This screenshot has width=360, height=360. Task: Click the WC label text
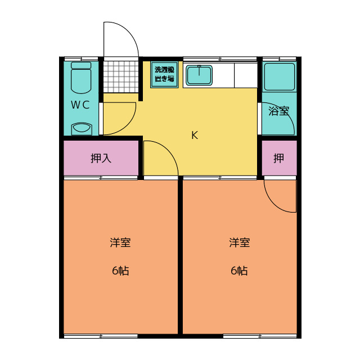(x=80, y=105)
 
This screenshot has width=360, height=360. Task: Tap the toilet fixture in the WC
(x=81, y=78)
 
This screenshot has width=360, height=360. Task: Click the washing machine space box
(x=164, y=74)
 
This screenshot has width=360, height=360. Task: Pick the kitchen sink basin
(x=198, y=74)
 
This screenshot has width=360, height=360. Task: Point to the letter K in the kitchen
(x=195, y=135)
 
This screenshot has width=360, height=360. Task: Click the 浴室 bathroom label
(x=278, y=111)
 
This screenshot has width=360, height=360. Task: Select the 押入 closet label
(x=101, y=158)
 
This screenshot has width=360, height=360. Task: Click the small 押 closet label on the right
(x=278, y=158)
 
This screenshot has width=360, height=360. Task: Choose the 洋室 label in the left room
(x=120, y=243)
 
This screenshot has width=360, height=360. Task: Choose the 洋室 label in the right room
(x=239, y=243)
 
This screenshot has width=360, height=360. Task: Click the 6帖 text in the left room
(x=120, y=271)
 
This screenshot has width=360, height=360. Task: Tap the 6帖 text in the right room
(x=239, y=271)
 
